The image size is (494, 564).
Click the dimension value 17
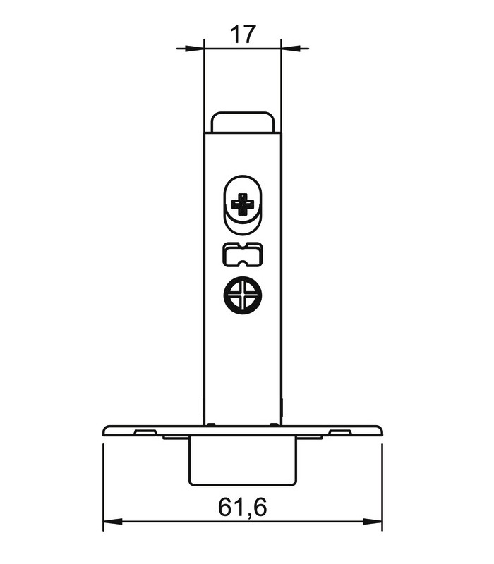coord(243,34)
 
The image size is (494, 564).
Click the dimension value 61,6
coord(242,507)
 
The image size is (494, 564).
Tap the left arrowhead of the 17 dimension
coord(195,48)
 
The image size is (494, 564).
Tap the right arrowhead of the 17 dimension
coord(291,48)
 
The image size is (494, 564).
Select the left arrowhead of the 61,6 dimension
coord(113,521)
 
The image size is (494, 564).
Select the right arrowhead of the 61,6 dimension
coord(373,521)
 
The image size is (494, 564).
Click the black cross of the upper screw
coord(243,204)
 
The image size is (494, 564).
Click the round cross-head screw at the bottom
coord(243,295)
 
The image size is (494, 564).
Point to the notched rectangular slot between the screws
coord(243,255)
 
